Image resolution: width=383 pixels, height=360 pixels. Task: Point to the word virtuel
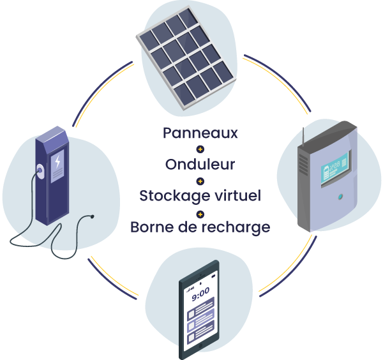click(x=237, y=195)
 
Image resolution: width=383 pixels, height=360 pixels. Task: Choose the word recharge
click(x=232, y=227)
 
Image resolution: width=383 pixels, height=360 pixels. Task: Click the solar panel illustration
click(x=187, y=54)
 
